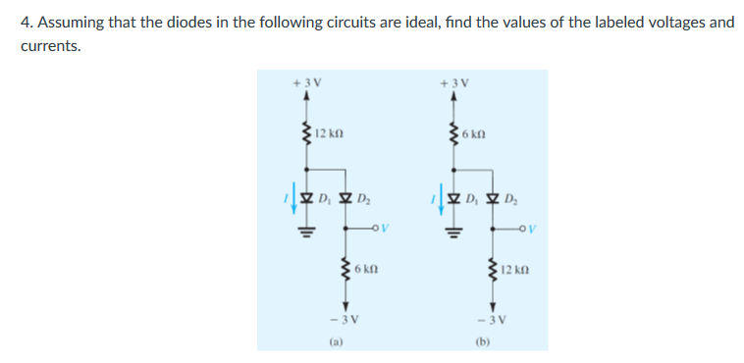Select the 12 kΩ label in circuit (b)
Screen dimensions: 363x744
516,268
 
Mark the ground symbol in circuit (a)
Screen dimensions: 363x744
306,234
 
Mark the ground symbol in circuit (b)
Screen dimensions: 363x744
452,234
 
